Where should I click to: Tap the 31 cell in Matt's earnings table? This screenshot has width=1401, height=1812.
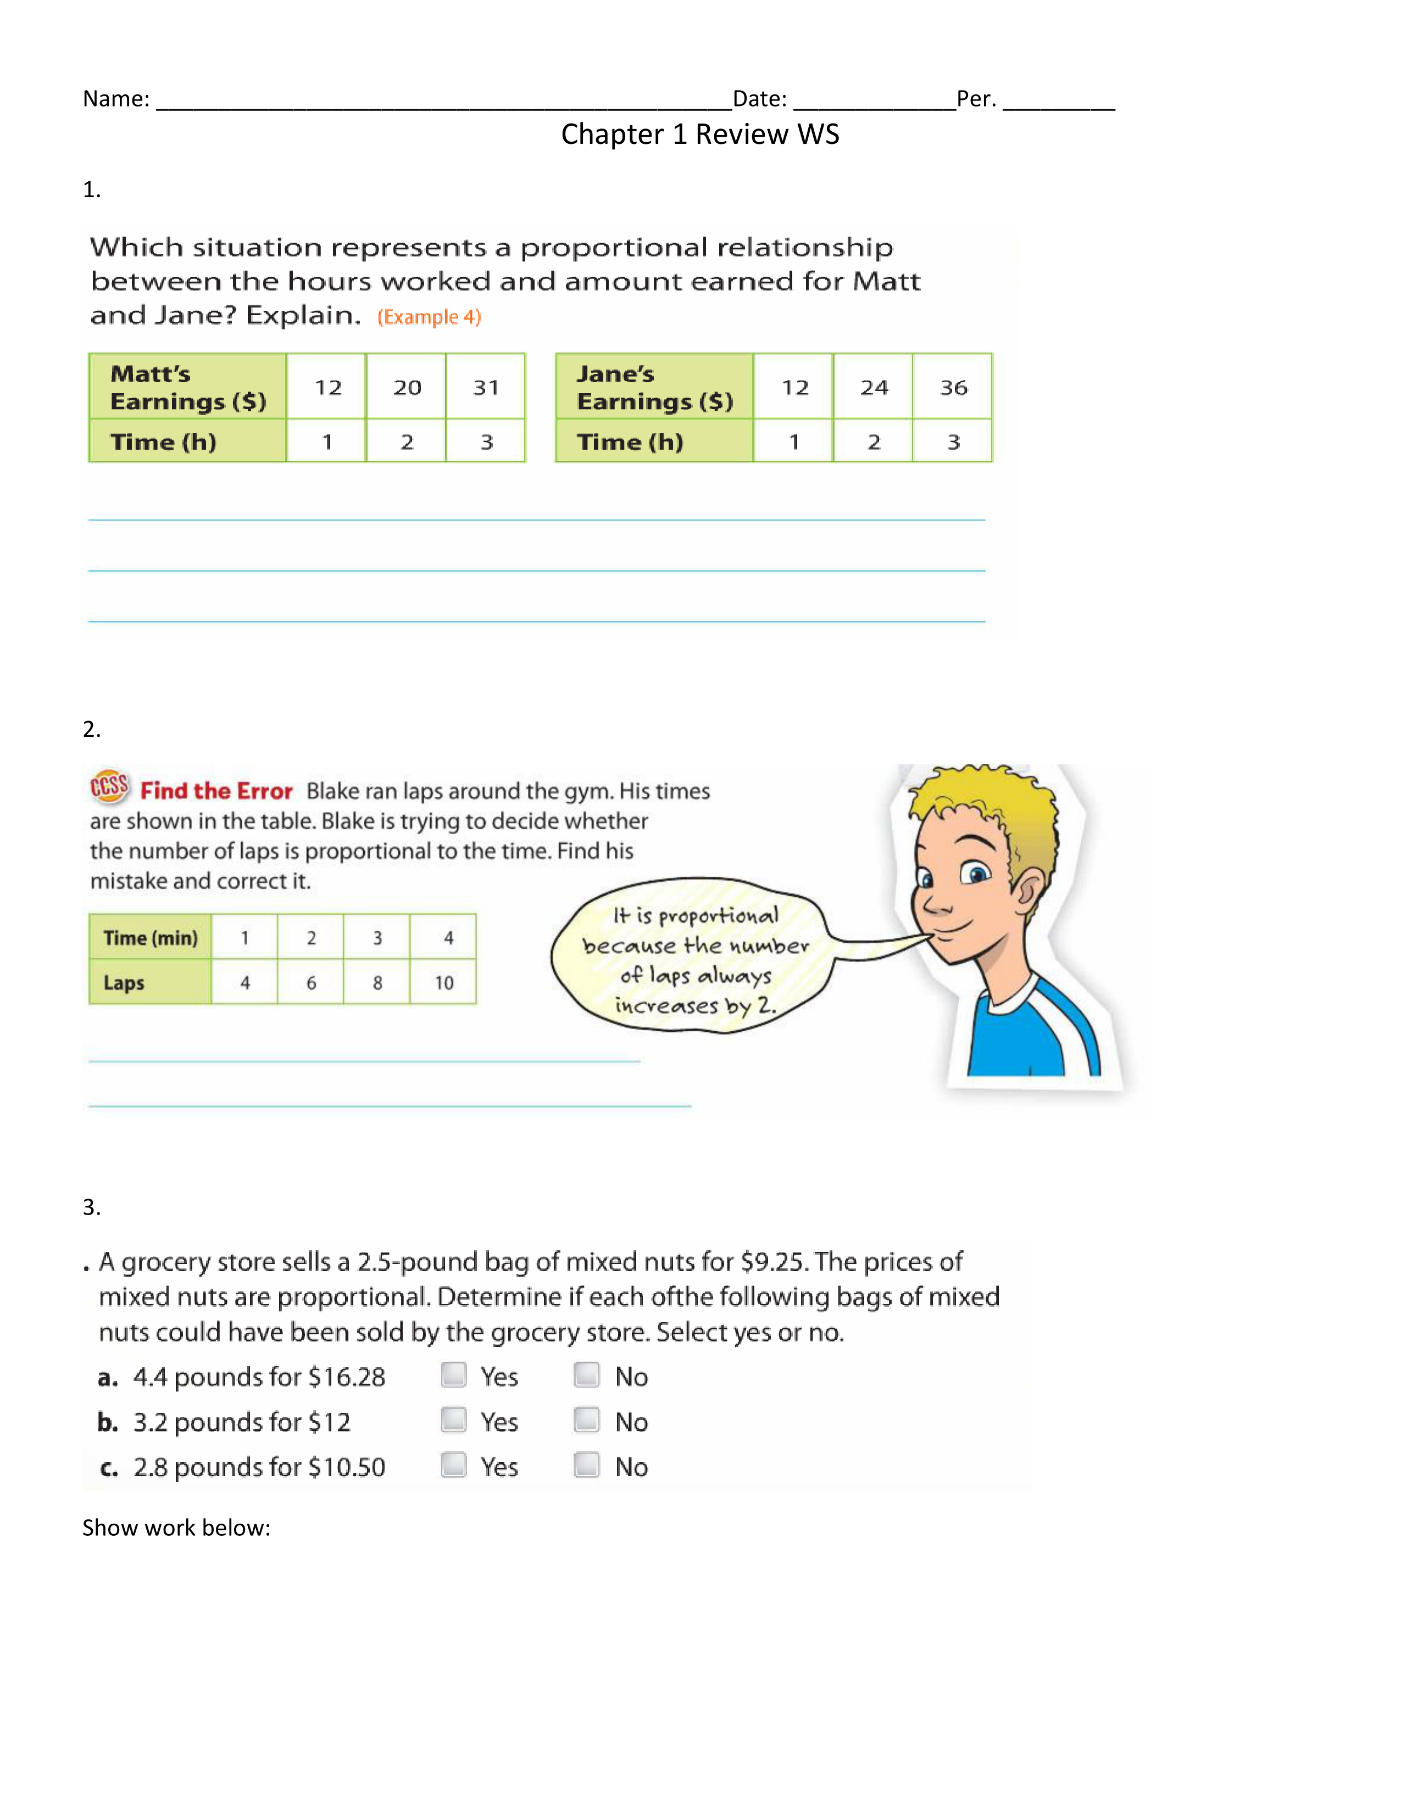click(486, 387)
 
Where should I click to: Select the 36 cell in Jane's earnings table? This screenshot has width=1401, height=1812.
click(953, 387)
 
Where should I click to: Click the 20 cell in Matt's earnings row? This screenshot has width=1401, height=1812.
click(407, 387)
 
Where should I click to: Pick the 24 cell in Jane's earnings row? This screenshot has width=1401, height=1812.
click(874, 387)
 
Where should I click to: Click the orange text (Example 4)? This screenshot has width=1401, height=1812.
click(429, 317)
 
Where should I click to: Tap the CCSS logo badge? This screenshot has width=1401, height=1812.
click(109, 786)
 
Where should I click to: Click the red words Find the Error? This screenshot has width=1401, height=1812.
click(216, 791)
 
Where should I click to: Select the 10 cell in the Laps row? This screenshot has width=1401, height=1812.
click(443, 982)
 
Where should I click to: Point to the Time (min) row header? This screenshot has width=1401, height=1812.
click(150, 937)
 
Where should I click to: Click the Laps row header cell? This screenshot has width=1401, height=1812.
click(150, 982)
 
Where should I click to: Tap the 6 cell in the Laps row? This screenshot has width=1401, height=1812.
click(311, 982)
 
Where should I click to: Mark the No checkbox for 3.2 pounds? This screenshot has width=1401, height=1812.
click(587, 1419)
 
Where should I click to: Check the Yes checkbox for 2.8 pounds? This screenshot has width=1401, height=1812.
click(453, 1464)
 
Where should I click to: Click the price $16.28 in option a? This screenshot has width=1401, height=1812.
click(347, 1377)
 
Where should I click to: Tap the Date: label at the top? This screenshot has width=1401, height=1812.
click(759, 99)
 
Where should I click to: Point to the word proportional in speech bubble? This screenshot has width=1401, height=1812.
click(719, 916)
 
